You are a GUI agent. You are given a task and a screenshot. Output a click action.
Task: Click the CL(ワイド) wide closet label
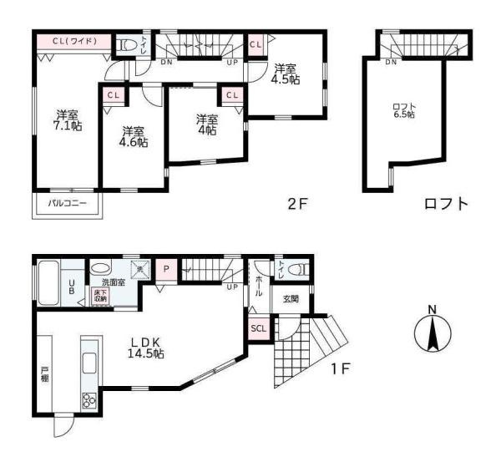74,41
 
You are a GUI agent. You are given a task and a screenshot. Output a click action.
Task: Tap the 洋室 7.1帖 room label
68,120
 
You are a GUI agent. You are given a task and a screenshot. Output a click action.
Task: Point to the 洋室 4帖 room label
206,124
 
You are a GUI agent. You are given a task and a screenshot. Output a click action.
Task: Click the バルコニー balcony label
66,203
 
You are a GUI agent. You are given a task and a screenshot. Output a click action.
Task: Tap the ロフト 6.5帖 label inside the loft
404,110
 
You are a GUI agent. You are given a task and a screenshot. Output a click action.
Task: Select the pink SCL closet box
259,328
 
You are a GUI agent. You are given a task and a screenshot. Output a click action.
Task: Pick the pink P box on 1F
166,269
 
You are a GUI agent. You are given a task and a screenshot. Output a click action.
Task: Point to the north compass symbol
432,335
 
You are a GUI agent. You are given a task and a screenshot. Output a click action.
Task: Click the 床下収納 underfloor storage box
100,296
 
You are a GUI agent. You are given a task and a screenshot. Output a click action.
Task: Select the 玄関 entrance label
291,298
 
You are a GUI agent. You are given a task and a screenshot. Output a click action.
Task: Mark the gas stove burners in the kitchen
89,400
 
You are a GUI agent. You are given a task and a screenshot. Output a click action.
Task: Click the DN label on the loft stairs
391,61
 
